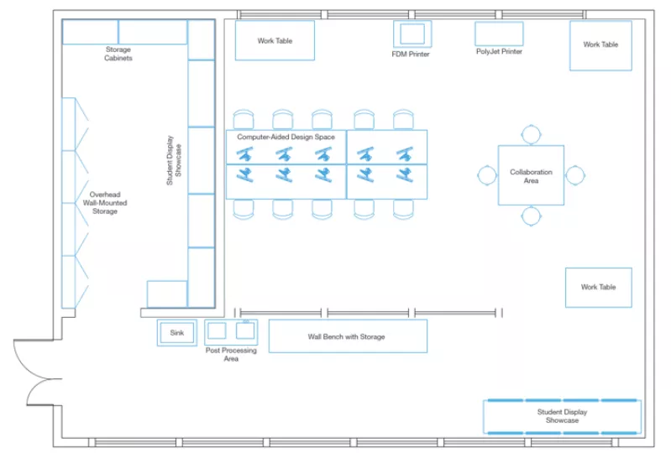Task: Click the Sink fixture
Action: click(x=177, y=332)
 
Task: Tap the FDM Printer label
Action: click(x=411, y=55)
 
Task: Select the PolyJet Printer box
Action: click(x=499, y=34)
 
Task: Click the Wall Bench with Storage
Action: click(x=348, y=336)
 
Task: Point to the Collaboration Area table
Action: click(x=531, y=175)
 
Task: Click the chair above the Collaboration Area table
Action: click(x=531, y=134)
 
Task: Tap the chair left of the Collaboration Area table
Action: click(x=487, y=175)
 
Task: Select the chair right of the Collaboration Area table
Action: click(x=574, y=175)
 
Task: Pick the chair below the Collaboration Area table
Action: click(x=531, y=216)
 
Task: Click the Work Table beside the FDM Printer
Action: click(x=275, y=40)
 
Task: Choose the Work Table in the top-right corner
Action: click(x=600, y=45)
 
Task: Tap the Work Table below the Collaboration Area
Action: click(x=599, y=288)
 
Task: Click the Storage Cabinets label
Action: click(x=118, y=54)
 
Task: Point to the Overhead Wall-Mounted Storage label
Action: click(x=105, y=203)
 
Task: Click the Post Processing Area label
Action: click(x=231, y=354)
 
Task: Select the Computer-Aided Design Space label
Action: click(x=286, y=138)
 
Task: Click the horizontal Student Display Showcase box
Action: click(x=563, y=416)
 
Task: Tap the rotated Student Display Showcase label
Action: click(x=174, y=160)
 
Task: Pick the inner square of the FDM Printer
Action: click(x=412, y=34)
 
